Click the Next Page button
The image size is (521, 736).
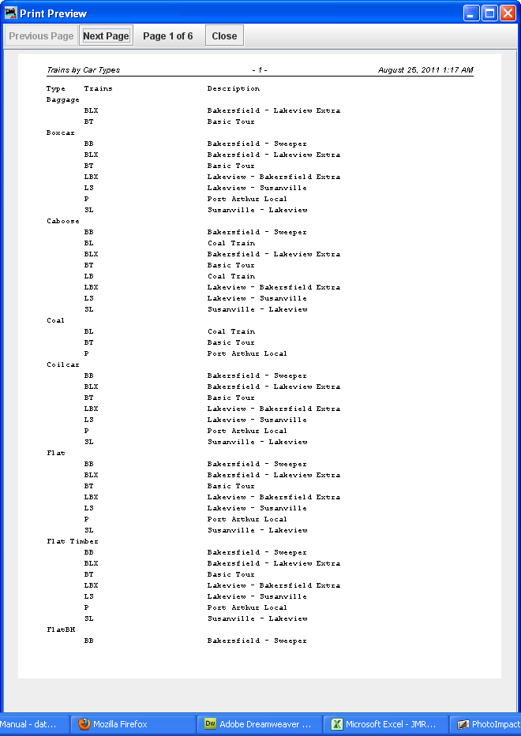pyautogui.click(x=106, y=35)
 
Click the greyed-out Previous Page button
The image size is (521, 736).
pyautogui.click(x=41, y=35)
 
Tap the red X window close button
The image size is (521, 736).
pyautogui.click(x=508, y=13)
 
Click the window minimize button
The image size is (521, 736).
pyautogui.click(x=471, y=13)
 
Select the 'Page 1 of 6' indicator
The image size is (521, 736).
pyautogui.click(x=167, y=35)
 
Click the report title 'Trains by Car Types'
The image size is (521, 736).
pyautogui.click(x=83, y=70)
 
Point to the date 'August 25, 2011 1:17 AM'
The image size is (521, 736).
pyautogui.click(x=425, y=70)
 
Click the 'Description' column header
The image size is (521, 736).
pyautogui.click(x=234, y=88)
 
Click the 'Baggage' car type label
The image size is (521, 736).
pyautogui.click(x=63, y=99)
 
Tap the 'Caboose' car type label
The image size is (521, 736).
pyautogui.click(x=63, y=221)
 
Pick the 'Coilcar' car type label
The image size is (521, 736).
pyautogui.click(x=63, y=364)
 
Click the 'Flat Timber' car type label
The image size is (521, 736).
pyautogui.click(x=73, y=541)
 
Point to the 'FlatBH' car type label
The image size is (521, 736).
pyautogui.click(x=61, y=630)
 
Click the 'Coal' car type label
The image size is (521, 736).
pyautogui.click(x=55, y=320)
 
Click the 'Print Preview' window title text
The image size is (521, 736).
pyautogui.click(x=53, y=13)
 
